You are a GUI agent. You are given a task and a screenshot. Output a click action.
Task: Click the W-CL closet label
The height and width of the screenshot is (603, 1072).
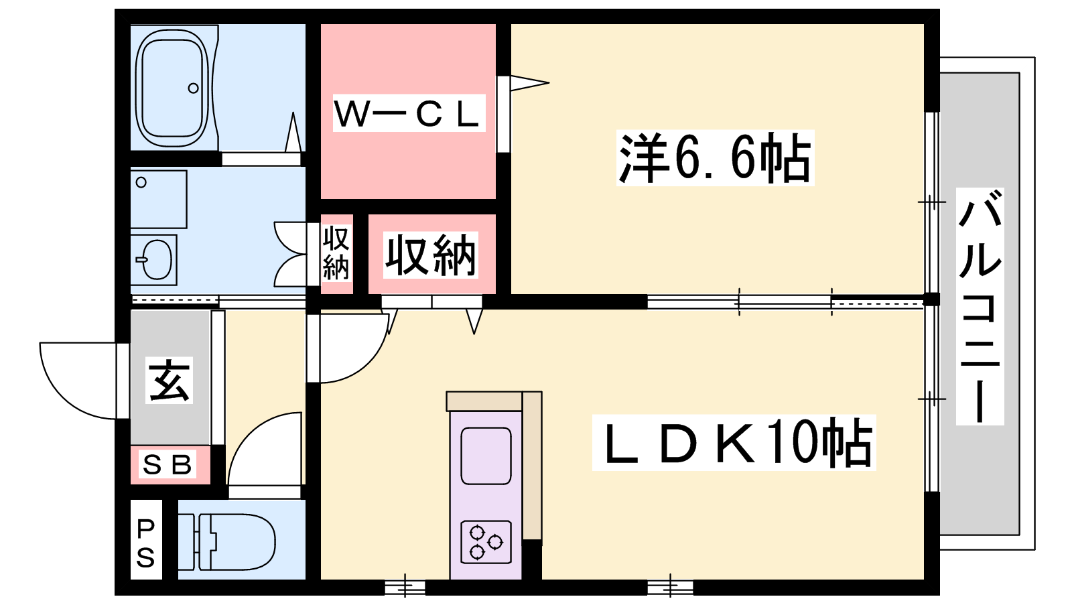[409, 113]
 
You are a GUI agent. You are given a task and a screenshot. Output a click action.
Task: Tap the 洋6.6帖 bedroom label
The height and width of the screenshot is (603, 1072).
[715, 158]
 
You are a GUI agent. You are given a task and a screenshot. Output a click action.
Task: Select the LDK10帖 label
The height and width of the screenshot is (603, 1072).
[734, 443]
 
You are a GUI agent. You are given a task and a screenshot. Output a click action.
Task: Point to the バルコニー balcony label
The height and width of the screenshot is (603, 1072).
[980, 306]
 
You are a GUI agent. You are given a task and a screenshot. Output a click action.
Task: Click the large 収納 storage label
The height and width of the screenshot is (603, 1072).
[430, 255]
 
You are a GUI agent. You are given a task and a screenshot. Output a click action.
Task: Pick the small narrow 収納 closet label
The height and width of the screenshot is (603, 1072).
[336, 254]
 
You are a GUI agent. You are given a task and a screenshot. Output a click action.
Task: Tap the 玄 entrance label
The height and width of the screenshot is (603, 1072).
[170, 381]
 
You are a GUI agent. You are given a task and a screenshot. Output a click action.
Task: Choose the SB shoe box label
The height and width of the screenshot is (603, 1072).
[167, 464]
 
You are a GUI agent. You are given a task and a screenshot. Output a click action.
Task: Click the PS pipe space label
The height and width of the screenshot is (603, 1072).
[145, 543]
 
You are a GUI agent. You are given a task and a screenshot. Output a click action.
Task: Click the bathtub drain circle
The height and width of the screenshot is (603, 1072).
[194, 88]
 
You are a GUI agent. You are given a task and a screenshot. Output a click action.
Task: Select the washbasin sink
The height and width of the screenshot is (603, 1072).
[157, 260]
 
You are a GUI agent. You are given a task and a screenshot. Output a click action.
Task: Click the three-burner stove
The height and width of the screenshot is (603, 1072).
[486, 542]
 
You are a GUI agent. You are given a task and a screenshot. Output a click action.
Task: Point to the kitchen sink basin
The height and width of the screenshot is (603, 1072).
[486, 456]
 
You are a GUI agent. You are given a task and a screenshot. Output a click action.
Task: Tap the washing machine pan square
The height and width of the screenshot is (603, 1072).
[158, 199]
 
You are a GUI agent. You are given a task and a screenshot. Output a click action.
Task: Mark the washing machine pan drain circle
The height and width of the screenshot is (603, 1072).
[141, 182]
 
